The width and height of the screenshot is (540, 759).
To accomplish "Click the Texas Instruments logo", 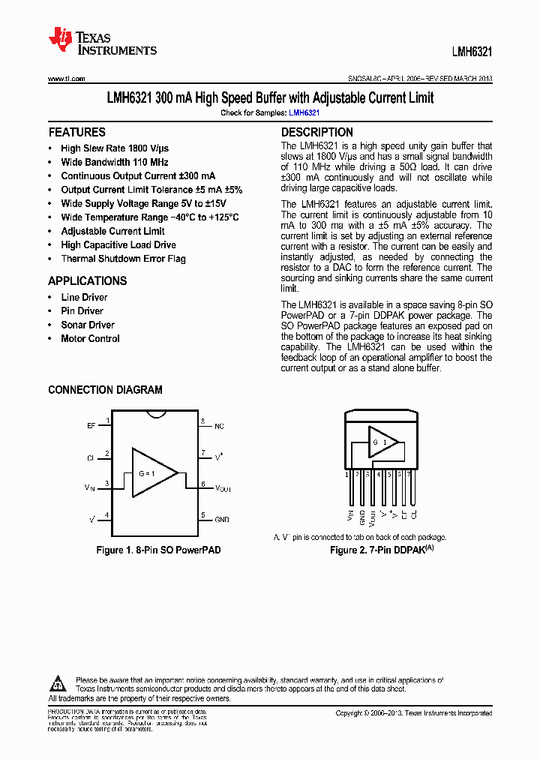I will [102, 43].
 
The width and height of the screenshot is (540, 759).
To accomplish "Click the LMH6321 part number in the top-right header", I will [472, 52].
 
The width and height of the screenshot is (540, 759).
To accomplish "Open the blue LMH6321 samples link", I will [304, 112].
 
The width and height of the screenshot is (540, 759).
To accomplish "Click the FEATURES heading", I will [76, 132].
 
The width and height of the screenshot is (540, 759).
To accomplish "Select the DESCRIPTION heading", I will [316, 132].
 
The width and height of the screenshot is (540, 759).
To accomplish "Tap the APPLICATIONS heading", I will [88, 281].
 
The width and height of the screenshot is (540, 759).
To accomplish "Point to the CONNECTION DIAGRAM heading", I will [105, 390].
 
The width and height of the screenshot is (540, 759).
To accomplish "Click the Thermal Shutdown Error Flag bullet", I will [123, 259].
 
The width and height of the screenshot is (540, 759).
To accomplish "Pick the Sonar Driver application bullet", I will [88, 325].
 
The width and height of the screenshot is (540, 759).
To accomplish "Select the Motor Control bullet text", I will [90, 338].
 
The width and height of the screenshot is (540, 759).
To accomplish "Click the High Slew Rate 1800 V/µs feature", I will [115, 148].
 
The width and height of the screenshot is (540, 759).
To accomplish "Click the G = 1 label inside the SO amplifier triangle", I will [147, 473].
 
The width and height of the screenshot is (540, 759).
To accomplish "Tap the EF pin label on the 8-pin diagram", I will [91, 425].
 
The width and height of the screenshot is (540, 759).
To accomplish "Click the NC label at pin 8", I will [219, 426].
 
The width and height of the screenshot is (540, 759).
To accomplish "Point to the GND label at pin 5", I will [222, 519].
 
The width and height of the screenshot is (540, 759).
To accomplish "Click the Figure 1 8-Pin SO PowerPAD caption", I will [158, 550].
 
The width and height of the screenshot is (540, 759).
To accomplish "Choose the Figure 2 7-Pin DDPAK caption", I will [382, 550].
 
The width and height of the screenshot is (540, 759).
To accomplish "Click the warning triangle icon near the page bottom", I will [58, 683].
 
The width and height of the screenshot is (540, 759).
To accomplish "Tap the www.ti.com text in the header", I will [66, 78].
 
